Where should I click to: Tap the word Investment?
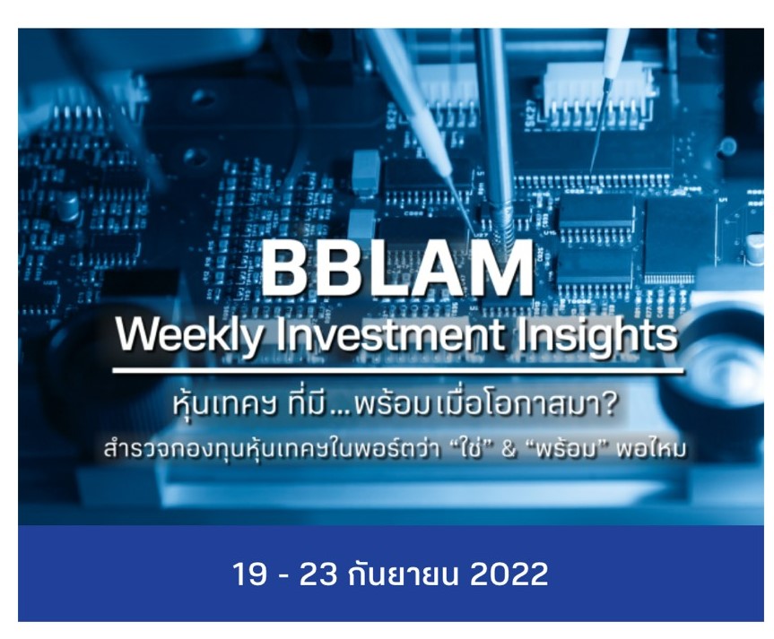pos(387,337)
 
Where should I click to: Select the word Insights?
pos(601,337)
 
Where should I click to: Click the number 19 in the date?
pos(249,574)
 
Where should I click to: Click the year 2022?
pos(509,574)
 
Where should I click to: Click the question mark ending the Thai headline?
pos(609,405)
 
